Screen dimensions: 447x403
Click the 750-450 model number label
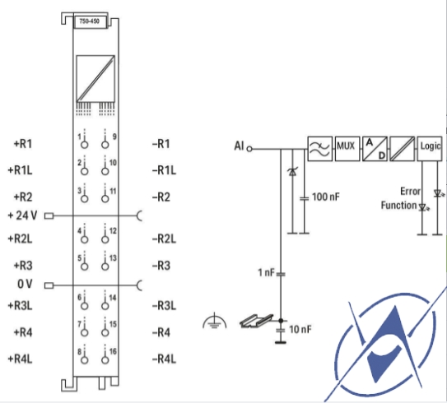(89, 21)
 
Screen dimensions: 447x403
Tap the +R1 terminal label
(23, 144)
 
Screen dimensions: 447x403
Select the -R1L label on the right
(164, 170)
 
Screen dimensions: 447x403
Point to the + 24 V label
(22, 215)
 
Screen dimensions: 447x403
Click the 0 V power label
(25, 284)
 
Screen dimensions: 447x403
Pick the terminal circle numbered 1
(85, 145)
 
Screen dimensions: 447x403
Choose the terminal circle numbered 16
(105, 360)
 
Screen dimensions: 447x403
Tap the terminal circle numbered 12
(105, 239)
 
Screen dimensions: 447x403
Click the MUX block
(347, 149)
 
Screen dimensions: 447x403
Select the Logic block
(430, 149)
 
